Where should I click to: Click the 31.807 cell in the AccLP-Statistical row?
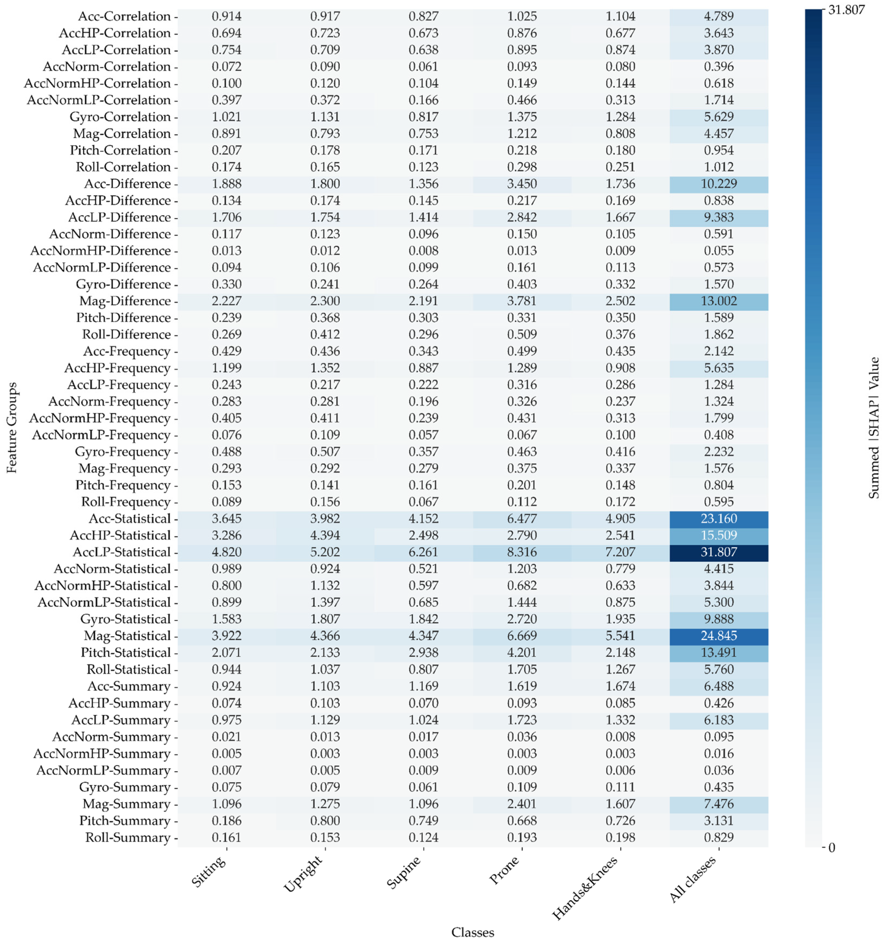tap(719, 552)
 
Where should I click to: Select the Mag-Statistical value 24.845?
tap(719, 636)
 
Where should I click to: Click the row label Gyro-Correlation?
tap(120, 117)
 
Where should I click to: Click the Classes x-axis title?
tap(473, 932)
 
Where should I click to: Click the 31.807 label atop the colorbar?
tap(846, 10)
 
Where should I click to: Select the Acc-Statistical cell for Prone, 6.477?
tap(522, 519)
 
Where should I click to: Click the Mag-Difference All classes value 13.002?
tap(719, 301)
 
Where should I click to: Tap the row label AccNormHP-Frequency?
tap(100, 418)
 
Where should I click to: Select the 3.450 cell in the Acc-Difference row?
tap(522, 184)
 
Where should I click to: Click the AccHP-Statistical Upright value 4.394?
tap(325, 536)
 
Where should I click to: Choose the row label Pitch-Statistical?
tap(125, 653)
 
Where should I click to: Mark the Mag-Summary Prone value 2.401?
tap(522, 804)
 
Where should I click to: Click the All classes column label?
tap(693, 880)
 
